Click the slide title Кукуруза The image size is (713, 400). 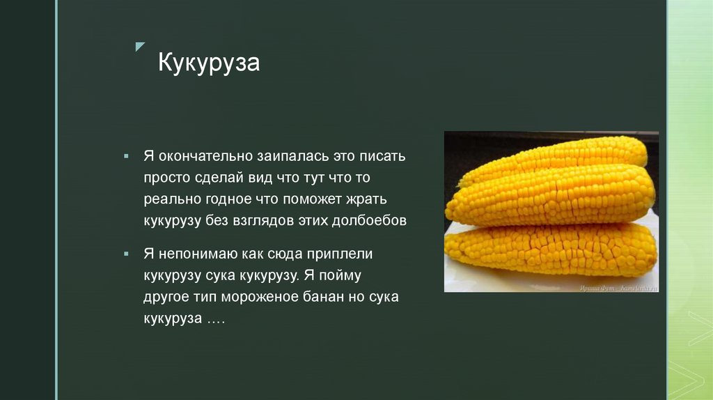209,63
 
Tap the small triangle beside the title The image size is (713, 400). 140,47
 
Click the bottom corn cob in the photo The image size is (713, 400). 550,247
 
